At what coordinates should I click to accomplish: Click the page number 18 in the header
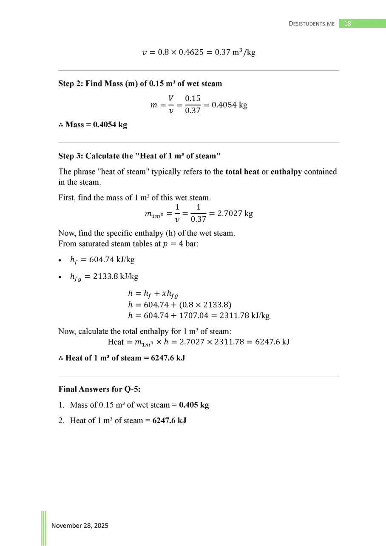click(347, 23)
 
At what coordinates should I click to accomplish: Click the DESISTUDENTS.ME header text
click(312, 24)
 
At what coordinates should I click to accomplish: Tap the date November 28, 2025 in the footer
click(80, 526)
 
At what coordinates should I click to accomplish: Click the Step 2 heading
click(140, 83)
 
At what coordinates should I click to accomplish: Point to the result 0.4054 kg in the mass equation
click(229, 104)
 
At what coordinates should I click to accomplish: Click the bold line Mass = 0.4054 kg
click(93, 125)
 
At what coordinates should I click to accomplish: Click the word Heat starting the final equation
click(116, 342)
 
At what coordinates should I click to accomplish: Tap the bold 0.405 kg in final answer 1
click(194, 405)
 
